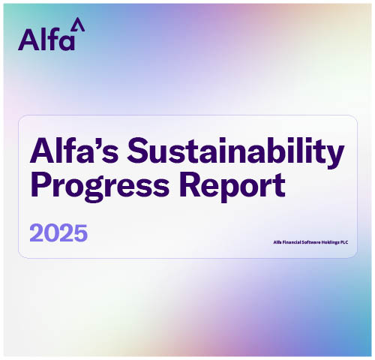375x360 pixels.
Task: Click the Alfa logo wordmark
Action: [x=46, y=38]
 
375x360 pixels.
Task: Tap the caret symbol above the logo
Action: [x=80, y=25]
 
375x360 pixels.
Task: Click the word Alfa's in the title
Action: [x=71, y=152]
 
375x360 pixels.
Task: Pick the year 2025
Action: [x=58, y=232]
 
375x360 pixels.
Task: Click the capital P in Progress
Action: [x=40, y=184]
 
